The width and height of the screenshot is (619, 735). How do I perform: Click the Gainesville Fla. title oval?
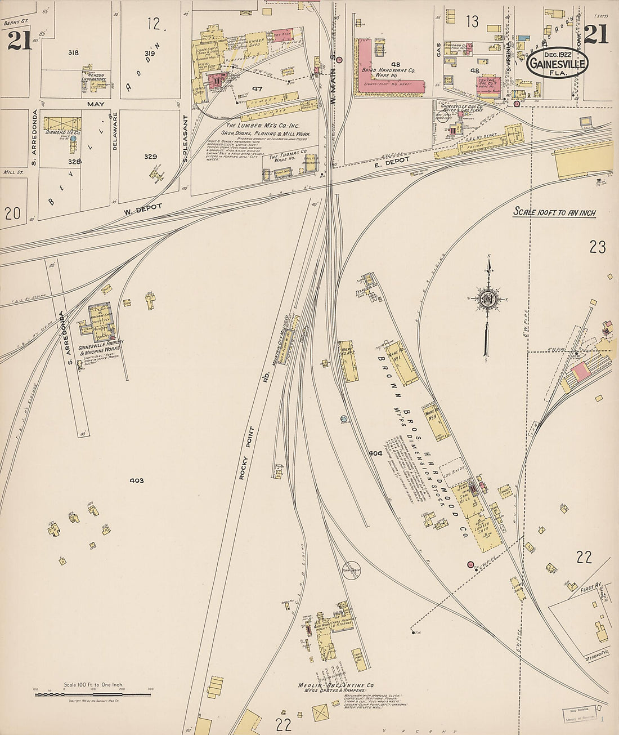557,63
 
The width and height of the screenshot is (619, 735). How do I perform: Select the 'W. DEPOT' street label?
143,208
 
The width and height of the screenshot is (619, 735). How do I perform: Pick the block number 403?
136,480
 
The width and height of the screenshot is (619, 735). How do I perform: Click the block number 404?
375,453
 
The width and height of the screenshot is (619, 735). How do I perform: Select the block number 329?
150,157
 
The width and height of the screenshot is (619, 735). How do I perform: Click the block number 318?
73,53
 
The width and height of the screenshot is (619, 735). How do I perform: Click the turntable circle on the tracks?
352,569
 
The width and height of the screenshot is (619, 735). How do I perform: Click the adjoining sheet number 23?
597,247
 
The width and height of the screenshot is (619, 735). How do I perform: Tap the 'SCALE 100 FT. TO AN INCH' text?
554,212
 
